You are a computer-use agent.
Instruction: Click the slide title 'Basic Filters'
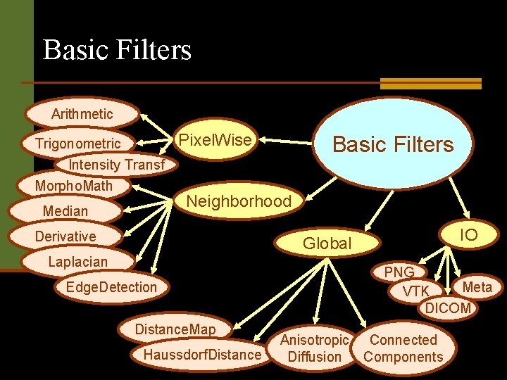(117, 50)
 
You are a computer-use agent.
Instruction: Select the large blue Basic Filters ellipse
(392, 144)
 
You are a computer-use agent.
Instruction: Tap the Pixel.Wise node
(215, 140)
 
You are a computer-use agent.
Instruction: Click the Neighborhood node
(238, 201)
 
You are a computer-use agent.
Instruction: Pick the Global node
(326, 243)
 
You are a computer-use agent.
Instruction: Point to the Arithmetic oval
(82, 113)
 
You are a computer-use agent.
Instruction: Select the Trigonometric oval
(78, 144)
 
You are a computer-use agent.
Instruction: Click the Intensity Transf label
(116, 165)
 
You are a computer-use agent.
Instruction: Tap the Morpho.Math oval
(74, 186)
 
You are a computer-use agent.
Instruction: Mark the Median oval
(65, 211)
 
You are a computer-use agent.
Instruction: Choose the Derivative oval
(65, 236)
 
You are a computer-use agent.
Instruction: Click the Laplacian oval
(77, 262)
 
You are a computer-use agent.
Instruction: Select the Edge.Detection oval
(111, 286)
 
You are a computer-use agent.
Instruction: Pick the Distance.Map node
(175, 329)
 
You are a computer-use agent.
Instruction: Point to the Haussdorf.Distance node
(201, 354)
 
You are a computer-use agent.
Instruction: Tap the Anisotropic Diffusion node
(315, 348)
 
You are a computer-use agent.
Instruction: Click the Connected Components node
(403, 348)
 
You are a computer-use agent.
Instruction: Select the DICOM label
(448, 308)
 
